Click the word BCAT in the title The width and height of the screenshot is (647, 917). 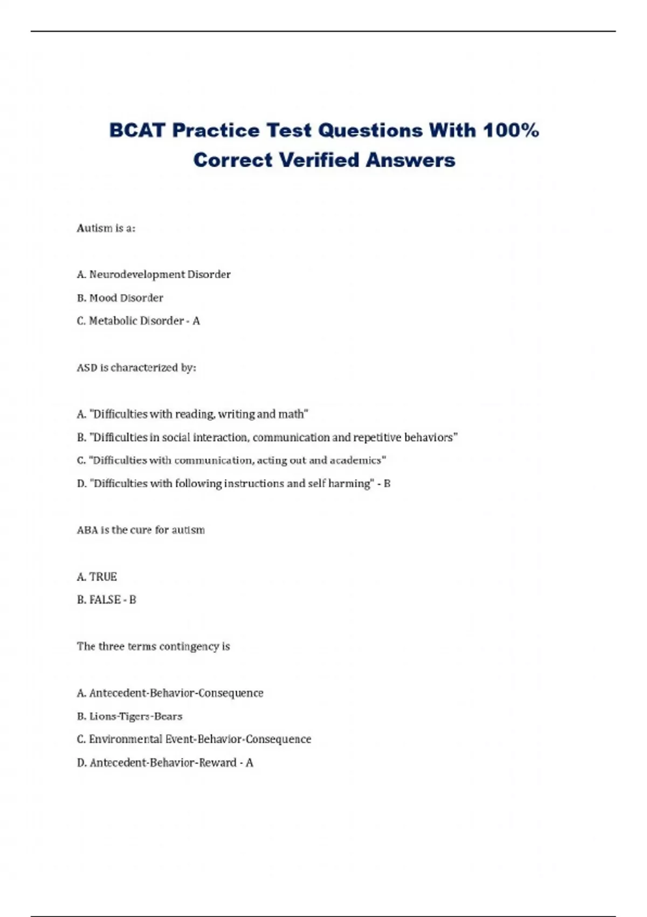[x=137, y=131]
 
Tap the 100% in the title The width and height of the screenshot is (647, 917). [x=511, y=131]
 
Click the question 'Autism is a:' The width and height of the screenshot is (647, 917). [x=106, y=228]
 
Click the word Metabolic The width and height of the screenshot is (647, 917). [x=112, y=321]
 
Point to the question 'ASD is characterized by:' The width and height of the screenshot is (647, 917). [x=136, y=368]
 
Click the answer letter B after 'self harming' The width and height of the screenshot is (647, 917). [x=387, y=484]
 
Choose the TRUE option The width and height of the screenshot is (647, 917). [x=102, y=577]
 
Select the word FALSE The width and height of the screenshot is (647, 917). [x=105, y=600]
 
